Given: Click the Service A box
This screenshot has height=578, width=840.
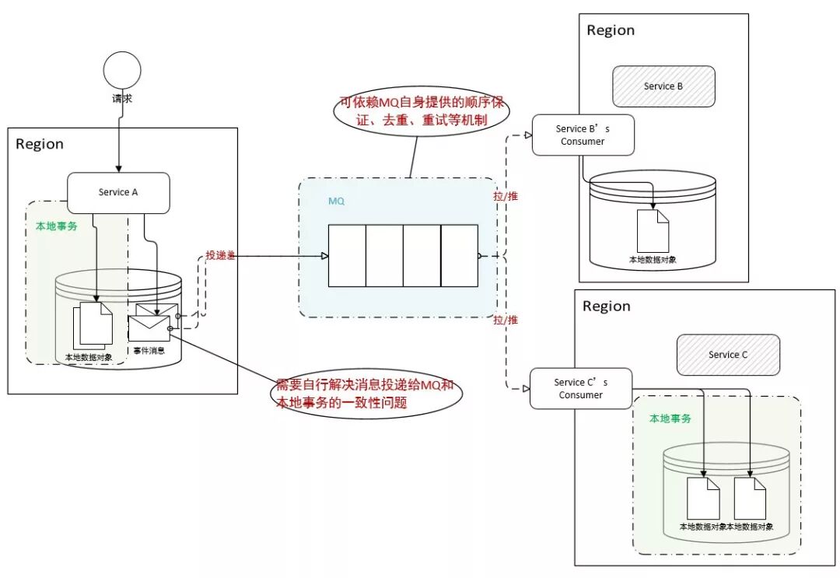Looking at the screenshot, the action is point(118,193).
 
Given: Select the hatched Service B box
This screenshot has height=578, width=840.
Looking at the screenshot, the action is point(663,86).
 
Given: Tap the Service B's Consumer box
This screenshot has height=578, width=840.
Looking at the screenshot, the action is point(583,135).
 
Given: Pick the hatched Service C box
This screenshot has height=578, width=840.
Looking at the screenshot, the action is point(728,355).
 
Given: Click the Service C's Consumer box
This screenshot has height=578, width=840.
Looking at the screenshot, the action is point(581,388).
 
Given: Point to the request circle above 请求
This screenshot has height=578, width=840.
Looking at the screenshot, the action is point(122,70).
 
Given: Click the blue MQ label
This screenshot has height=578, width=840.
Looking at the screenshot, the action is point(337,201).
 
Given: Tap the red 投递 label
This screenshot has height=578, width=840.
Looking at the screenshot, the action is point(220,255).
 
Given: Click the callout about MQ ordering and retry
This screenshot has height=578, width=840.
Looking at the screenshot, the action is point(422,111).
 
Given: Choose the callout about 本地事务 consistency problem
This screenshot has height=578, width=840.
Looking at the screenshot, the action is point(366,393).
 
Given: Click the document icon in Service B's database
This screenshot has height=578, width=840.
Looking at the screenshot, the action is point(653,231).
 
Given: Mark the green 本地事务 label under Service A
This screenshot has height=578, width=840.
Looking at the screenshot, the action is point(56,226).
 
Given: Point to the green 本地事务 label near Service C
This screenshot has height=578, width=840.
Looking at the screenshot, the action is point(670,419).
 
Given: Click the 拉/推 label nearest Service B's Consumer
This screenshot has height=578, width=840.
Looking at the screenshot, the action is point(506,196).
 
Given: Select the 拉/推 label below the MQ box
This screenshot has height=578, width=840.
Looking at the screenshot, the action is point(506,320).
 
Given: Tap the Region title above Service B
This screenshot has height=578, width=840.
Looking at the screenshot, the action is point(611,30).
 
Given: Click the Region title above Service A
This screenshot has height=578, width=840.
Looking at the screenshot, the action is point(40,144).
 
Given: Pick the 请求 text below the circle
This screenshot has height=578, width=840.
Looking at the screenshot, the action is point(122,99).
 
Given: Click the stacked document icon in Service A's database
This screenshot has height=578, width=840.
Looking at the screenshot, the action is point(93,325).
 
